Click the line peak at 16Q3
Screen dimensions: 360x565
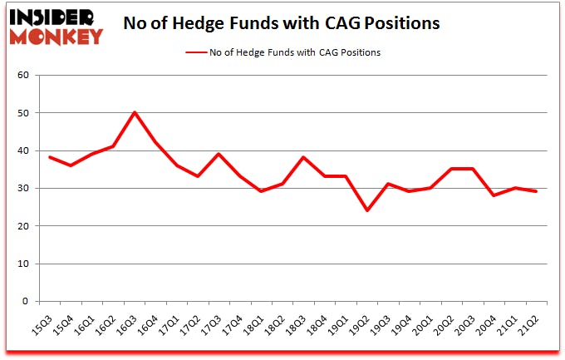[x=135, y=112]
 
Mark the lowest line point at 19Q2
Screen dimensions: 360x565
[x=366, y=210]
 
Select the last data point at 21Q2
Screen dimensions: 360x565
[x=536, y=191]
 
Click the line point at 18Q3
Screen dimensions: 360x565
[x=304, y=157]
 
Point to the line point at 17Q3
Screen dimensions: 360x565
[x=218, y=154]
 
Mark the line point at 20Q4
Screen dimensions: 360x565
[x=494, y=195]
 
